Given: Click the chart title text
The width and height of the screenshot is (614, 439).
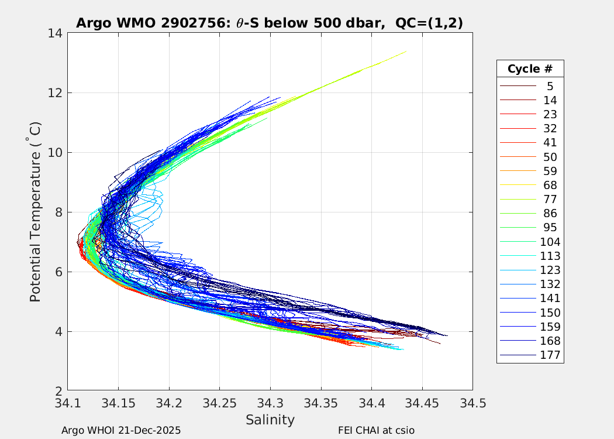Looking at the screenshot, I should [x=270, y=23].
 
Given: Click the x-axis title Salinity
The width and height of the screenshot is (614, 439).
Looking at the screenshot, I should [x=270, y=420].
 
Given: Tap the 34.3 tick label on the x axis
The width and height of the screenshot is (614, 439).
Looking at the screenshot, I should [x=270, y=403].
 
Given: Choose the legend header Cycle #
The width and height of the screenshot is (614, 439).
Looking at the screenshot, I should [x=530, y=69].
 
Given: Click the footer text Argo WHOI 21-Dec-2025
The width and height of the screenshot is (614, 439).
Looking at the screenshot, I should [x=121, y=430].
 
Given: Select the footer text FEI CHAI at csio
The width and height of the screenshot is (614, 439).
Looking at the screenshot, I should [x=376, y=430].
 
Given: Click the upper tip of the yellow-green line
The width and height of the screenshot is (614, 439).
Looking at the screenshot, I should [x=406, y=52].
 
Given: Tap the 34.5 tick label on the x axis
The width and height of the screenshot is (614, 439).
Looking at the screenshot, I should [x=472, y=403].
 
